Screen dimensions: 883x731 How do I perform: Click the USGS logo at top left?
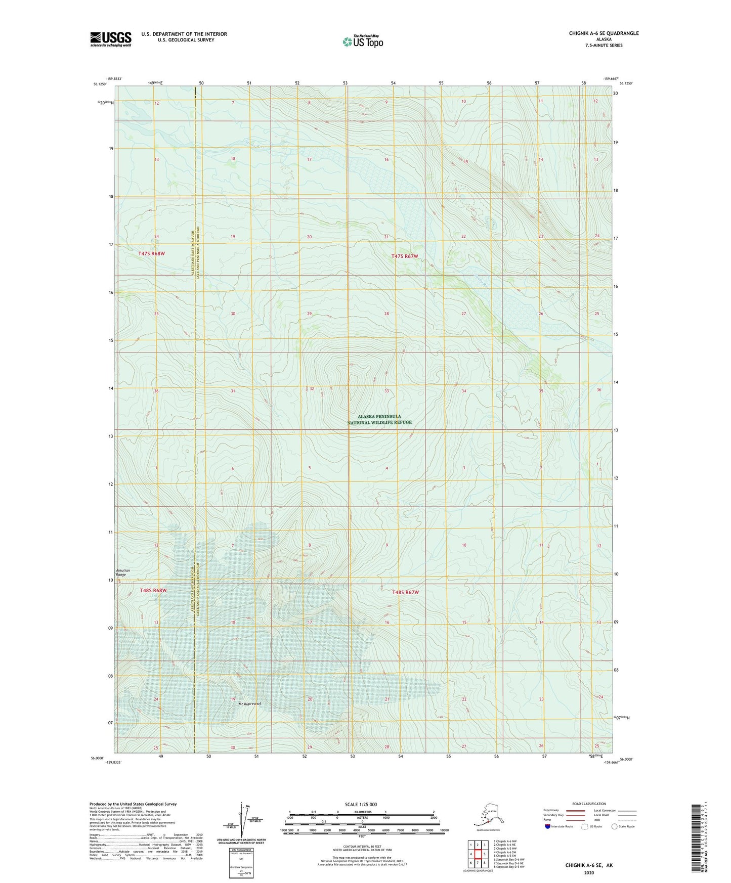click(111, 39)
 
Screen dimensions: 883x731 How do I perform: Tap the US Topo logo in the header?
click(362, 41)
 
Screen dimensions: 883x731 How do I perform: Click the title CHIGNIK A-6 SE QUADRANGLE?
click(604, 33)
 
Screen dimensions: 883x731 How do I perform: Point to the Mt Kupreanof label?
click(249, 703)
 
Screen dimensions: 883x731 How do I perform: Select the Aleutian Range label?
click(123, 572)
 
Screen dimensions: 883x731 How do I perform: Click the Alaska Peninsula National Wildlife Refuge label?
click(379, 419)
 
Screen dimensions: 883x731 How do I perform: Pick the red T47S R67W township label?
click(405, 256)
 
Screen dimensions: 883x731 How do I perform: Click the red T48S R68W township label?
click(153, 590)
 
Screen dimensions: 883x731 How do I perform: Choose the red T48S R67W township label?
click(405, 592)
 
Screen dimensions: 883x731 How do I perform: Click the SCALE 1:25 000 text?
click(361, 804)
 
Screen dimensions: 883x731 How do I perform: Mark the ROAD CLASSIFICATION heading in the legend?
click(589, 804)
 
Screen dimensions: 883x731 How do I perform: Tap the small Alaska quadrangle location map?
click(488, 816)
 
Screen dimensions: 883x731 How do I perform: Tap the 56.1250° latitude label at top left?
click(99, 84)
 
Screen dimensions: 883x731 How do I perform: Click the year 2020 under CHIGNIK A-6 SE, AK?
click(589, 872)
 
